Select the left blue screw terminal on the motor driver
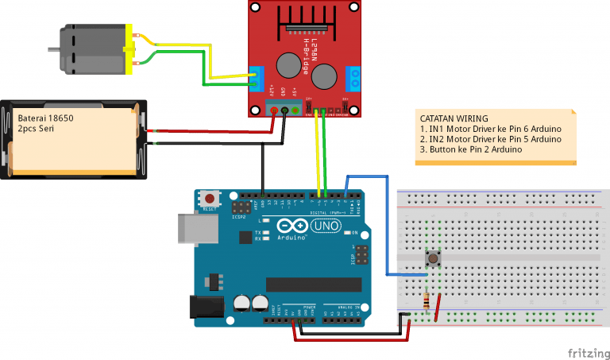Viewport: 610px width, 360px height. pos(257,76)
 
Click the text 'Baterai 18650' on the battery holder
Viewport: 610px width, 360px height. pos(46,118)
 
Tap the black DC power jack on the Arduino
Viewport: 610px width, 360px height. pos(200,308)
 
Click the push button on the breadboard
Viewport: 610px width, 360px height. pos(434,259)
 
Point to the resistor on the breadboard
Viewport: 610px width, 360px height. pos(430,302)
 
